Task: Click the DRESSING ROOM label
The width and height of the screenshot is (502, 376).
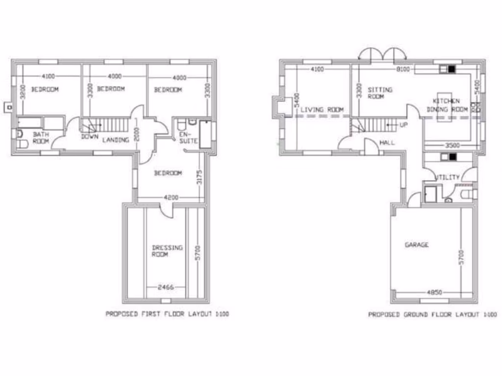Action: (x=167, y=251)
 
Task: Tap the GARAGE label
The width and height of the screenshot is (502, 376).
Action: (x=416, y=244)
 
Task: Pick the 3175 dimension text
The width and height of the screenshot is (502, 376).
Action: (x=199, y=177)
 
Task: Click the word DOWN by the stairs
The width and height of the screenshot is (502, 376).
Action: (x=90, y=136)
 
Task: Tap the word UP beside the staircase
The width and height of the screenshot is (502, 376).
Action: (x=403, y=125)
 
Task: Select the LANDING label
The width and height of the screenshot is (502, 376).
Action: (x=116, y=140)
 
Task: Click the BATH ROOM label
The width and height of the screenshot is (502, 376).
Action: (x=41, y=137)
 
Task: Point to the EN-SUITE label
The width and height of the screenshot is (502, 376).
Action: (x=188, y=137)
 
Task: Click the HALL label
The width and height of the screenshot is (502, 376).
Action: (x=387, y=142)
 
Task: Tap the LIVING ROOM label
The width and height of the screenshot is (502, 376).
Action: (x=322, y=110)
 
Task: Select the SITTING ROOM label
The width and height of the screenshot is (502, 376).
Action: (x=380, y=93)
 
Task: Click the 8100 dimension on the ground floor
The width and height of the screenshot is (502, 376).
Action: (x=402, y=70)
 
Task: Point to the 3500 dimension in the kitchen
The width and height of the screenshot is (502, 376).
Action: (x=448, y=145)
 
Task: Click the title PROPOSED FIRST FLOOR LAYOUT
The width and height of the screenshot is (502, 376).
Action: (x=167, y=314)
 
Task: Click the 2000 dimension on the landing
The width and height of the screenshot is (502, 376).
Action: (x=138, y=132)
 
